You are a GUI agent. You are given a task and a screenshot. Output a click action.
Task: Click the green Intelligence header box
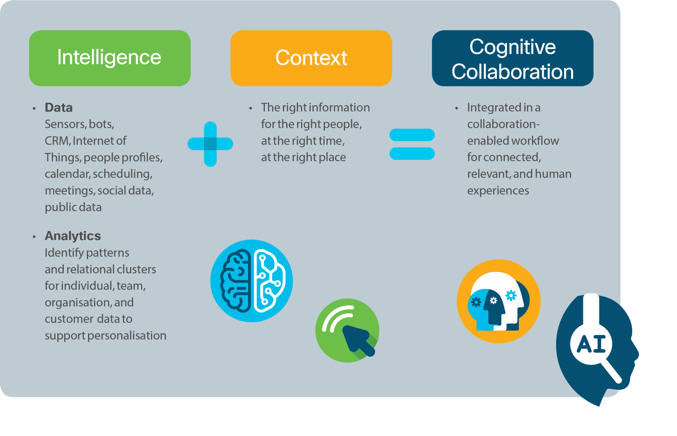point(110,58)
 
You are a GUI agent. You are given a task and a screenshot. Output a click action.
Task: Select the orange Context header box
point(311,58)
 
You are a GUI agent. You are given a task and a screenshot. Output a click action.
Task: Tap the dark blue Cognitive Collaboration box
point(512,58)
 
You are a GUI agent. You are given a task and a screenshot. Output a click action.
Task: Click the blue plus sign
point(210,144)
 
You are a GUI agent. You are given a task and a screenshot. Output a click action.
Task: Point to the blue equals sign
point(412,144)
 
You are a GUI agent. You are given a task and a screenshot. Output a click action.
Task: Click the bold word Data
point(59,108)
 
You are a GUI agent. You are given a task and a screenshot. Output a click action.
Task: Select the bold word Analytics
point(73,236)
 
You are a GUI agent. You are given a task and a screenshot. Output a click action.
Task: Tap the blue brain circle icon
point(252,281)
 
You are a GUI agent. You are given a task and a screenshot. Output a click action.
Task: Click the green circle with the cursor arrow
point(347,330)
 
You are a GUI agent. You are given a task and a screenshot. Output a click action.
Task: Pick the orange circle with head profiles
point(499,301)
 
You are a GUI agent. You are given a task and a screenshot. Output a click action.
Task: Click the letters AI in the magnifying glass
point(591,344)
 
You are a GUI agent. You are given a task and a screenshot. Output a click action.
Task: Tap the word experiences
point(498,191)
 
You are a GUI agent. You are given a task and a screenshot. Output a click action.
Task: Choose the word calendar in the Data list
point(67,174)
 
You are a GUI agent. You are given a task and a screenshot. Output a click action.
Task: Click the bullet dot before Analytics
point(34,237)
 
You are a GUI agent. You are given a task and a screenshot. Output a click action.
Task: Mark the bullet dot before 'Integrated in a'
point(457,108)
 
